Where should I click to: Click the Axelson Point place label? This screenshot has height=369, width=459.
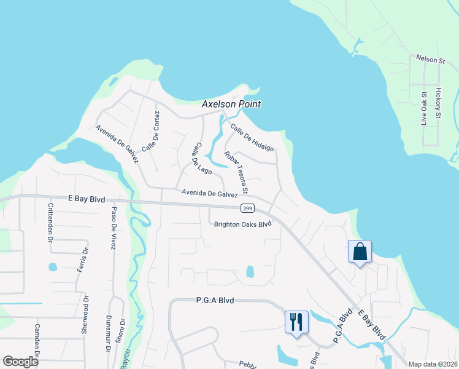click(231, 105)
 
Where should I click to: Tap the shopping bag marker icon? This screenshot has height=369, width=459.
click(360, 252)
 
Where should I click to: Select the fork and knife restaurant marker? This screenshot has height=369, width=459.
click(296, 321)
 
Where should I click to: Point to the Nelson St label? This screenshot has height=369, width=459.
click(430, 60)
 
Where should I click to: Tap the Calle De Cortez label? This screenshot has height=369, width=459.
click(151, 132)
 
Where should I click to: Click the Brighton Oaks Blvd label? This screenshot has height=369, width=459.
click(242, 224)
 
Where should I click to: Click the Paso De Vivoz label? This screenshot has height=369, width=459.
click(113, 228)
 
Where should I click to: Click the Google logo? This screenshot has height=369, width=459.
click(20, 362)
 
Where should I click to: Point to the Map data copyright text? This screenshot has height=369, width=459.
click(432, 364)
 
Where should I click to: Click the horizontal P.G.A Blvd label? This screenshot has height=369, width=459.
click(216, 300)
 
